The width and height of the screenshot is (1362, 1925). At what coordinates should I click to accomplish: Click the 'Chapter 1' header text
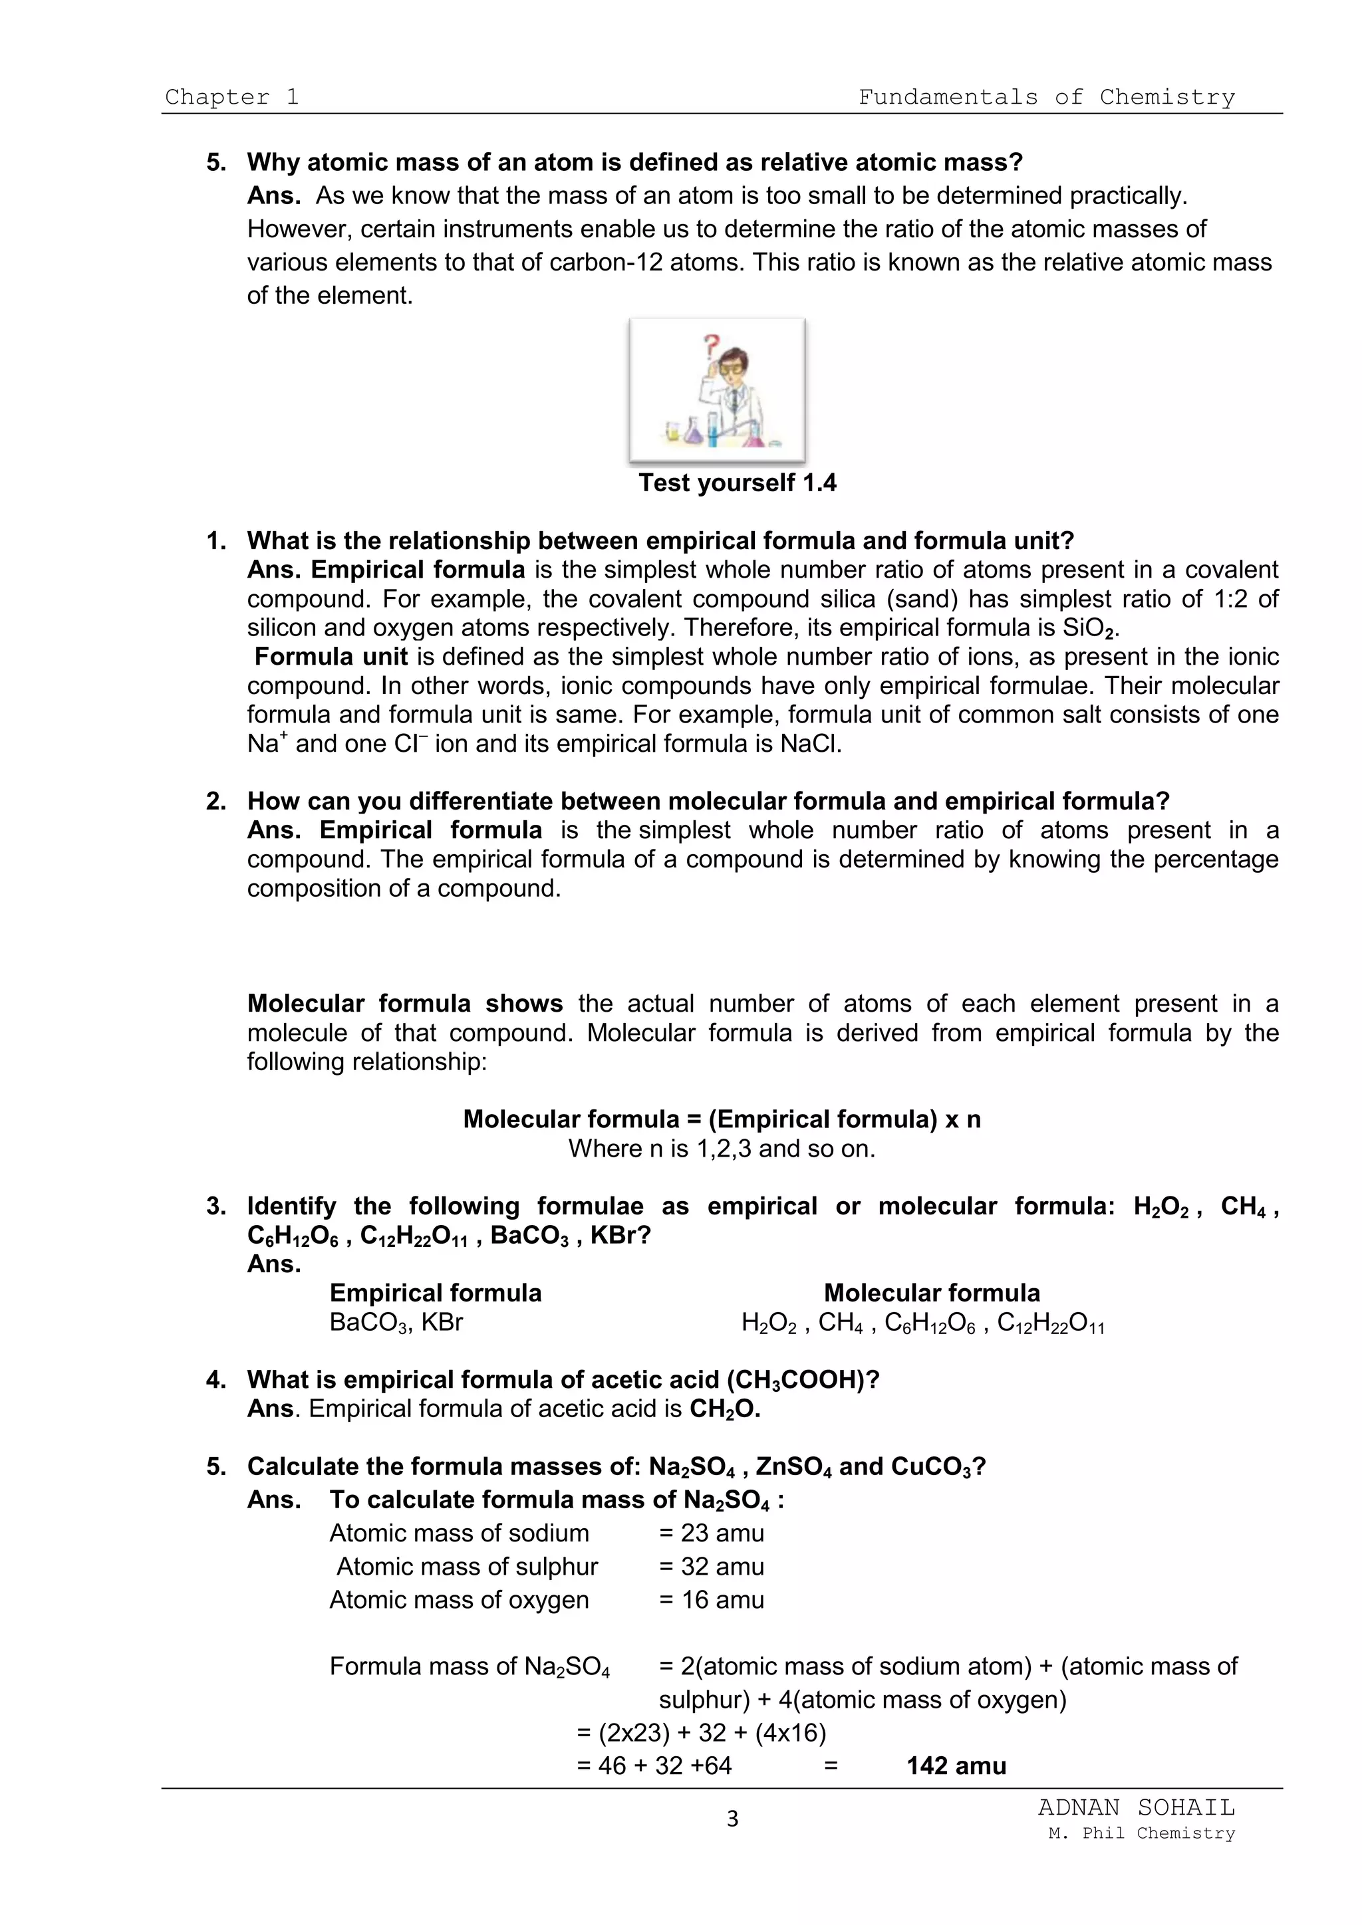[231, 97]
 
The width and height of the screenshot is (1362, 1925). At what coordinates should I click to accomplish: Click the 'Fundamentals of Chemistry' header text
[1046, 97]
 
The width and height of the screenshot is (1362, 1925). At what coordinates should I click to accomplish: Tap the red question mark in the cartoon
[711, 344]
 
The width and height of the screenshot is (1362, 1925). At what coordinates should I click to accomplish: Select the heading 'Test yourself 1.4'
[736, 483]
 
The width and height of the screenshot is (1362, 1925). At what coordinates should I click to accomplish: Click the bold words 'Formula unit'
[331, 657]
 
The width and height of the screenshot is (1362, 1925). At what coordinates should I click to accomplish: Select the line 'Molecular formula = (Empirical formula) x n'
[722, 1119]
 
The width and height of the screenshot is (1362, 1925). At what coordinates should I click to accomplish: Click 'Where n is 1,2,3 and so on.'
[722, 1149]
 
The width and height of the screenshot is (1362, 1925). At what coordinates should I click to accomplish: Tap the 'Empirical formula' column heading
[436, 1293]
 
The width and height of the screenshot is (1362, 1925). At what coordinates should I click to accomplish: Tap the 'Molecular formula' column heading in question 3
[931, 1293]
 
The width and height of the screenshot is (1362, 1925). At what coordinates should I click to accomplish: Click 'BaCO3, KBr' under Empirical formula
[396, 1322]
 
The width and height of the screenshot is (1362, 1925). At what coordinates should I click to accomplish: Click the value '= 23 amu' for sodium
[711, 1533]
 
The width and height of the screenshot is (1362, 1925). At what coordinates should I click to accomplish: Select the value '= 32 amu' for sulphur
[711, 1567]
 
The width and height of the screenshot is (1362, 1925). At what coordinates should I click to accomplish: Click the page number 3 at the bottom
[732, 1819]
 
